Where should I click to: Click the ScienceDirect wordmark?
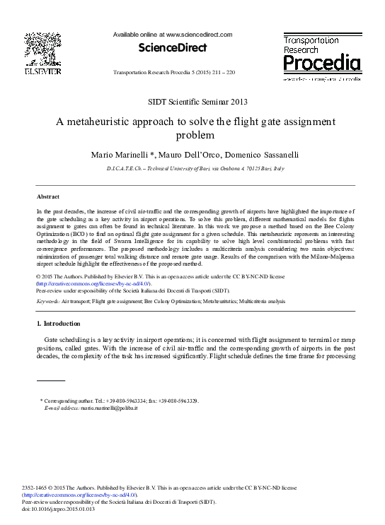click(173, 48)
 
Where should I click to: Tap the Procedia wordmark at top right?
click(322, 64)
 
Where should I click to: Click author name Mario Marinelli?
click(114, 153)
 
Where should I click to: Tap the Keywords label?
click(47, 300)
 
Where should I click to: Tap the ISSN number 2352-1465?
click(36, 488)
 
